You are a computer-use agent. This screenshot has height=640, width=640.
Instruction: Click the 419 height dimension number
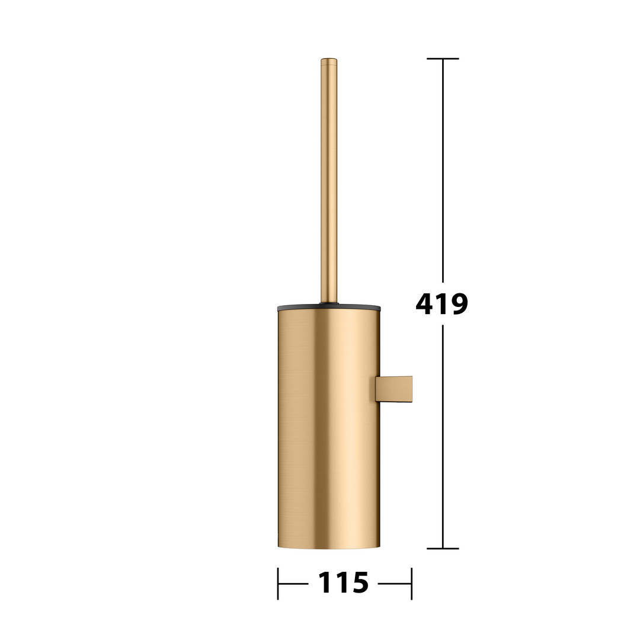point(441,303)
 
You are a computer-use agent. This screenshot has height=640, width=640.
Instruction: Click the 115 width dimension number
point(343,583)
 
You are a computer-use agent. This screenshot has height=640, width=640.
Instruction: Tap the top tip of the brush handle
point(328,59)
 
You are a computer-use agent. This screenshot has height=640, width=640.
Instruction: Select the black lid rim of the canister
point(328,308)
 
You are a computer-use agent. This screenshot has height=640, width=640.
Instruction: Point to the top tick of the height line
point(443,59)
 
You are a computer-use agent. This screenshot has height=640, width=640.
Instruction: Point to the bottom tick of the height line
point(443,549)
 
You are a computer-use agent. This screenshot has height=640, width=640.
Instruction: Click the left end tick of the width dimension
point(278,584)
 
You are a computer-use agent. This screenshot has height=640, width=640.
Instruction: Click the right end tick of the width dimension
point(411,584)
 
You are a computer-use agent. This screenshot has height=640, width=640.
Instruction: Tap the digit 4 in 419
point(424,303)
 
